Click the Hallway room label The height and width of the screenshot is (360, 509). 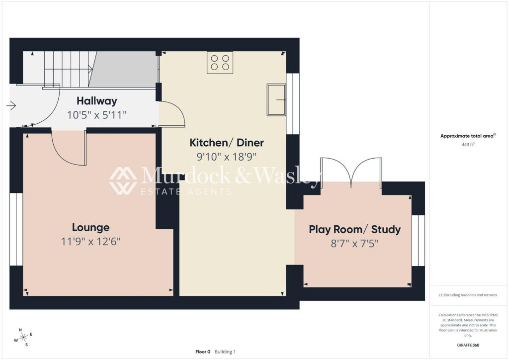tap(97, 101)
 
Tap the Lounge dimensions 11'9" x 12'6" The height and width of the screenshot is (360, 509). tap(91, 242)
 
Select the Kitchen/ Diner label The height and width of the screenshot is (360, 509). tap(227, 143)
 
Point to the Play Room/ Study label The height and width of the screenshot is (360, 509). tap(354, 230)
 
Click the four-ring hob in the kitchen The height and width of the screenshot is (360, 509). tap(220, 63)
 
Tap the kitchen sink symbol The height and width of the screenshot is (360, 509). tap(276, 99)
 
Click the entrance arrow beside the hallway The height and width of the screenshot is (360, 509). tap(11, 106)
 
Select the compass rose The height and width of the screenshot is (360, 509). tap(23, 338)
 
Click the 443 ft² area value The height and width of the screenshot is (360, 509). tap(468, 145)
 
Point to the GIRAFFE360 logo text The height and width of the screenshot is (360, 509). tap(468, 345)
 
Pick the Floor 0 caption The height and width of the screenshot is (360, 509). tap(203, 352)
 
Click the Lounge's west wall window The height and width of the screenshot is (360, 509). tap(16, 229)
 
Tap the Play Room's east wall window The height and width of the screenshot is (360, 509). tap(419, 241)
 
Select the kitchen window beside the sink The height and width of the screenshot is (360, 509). tap(293, 104)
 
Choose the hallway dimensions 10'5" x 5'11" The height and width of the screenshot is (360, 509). tap(97, 115)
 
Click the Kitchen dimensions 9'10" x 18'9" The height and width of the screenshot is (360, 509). tap(227, 157)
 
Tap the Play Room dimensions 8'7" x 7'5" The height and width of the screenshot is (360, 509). tap(354, 244)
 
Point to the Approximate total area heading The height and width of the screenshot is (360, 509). tap(468, 136)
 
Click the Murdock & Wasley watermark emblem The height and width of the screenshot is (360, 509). tap(123, 181)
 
